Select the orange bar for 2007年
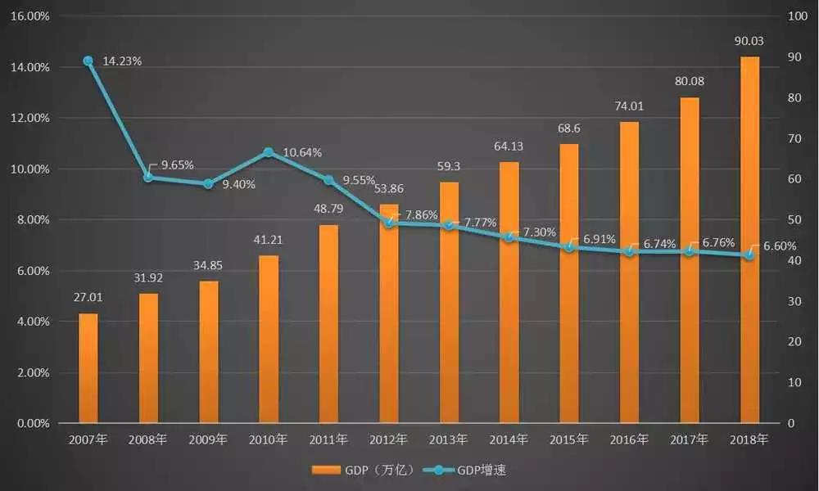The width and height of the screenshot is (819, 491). tap(88, 368)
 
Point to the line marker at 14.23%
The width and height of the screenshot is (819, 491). tap(88, 61)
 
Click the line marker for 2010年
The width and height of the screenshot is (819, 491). tap(269, 152)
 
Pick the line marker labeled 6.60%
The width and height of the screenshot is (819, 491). tap(749, 255)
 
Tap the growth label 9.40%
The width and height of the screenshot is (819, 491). tap(238, 184)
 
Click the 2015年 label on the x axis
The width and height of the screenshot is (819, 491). tap(569, 440)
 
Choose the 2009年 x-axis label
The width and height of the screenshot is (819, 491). tap(208, 440)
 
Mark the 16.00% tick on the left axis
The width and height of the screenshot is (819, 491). tap(29, 16)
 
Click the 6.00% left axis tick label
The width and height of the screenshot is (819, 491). tap(29, 271)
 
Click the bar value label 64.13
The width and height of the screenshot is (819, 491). tap(509, 147)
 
